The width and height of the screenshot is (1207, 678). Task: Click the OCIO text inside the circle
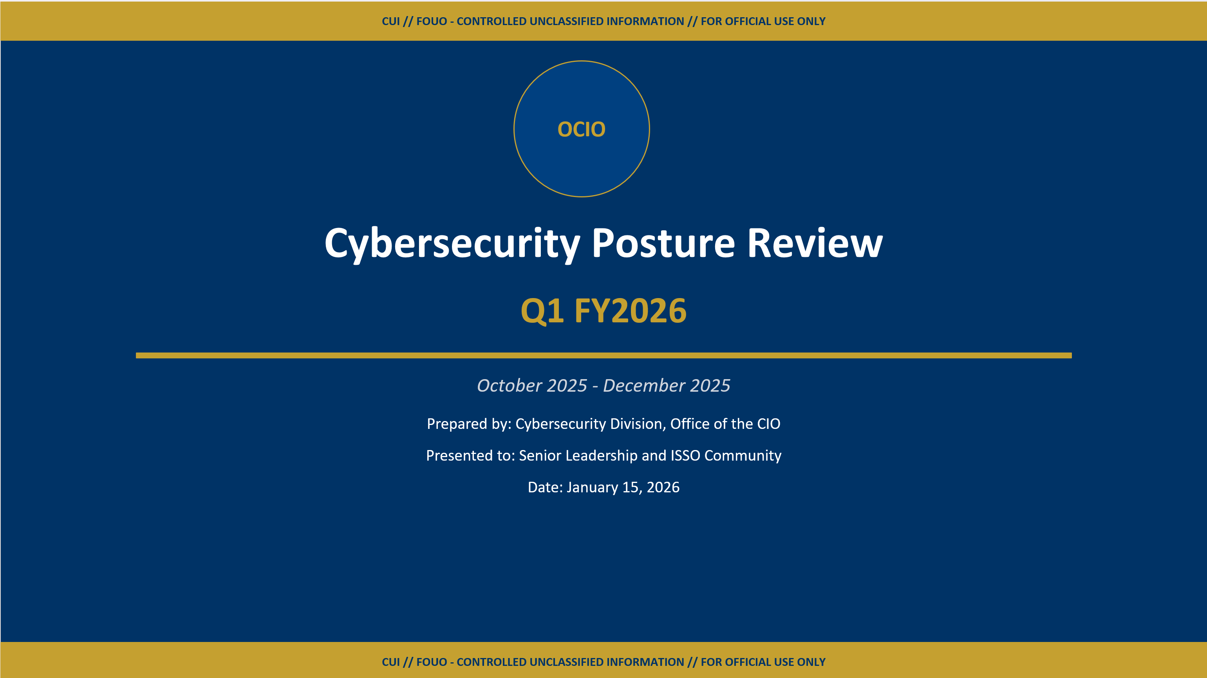pos(581,129)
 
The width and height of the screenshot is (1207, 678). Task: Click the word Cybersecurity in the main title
pos(452,244)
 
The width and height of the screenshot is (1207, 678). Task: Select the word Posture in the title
pos(663,244)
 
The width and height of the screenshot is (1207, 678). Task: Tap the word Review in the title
pos(815,244)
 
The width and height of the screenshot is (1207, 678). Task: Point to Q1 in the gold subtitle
pos(542,311)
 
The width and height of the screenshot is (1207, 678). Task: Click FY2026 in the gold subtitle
pos(630,311)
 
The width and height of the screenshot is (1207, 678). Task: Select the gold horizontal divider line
pos(603,356)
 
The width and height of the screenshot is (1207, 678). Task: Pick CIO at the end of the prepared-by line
pos(768,424)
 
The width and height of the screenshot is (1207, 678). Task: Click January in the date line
pos(592,487)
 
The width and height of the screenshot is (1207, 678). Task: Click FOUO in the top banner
pos(432,22)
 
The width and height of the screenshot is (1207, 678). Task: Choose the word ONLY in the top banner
pos(811,22)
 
